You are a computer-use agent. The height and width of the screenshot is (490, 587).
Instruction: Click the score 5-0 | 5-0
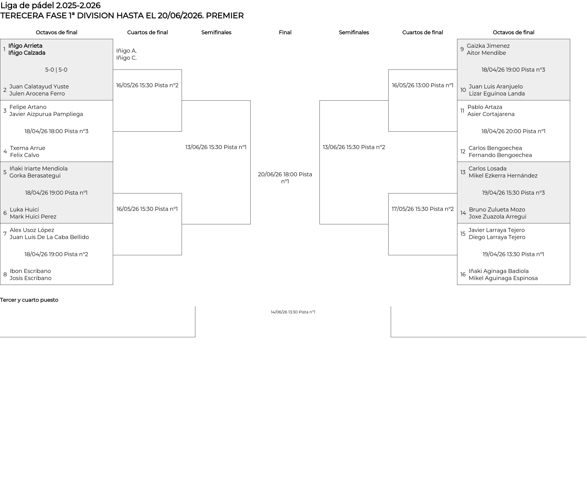tap(56, 70)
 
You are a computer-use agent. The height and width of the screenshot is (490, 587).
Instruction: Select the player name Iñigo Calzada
tap(27, 53)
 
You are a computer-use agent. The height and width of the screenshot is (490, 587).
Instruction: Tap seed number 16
tap(463, 275)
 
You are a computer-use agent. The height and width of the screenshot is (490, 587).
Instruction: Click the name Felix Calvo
tap(24, 155)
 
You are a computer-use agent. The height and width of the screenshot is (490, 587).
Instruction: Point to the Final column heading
tap(285, 32)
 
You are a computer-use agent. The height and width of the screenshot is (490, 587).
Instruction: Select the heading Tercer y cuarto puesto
tap(29, 300)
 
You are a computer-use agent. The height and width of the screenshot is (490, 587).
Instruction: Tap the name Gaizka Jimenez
tap(488, 46)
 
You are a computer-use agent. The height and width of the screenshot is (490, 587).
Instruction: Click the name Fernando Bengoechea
tap(500, 155)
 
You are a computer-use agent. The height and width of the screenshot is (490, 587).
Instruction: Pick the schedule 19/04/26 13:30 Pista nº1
tap(513, 254)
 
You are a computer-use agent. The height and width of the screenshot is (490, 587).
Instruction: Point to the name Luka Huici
tap(24, 210)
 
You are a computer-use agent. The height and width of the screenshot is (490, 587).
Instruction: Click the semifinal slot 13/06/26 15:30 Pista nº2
tap(354, 147)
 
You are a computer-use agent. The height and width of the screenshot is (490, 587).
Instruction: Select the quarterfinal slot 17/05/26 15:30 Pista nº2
tap(423, 209)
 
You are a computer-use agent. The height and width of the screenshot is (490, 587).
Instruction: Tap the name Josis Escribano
tap(31, 278)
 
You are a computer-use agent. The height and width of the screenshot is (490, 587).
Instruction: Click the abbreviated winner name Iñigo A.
tap(126, 51)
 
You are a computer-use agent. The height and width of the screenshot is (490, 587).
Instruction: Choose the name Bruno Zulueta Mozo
tap(497, 210)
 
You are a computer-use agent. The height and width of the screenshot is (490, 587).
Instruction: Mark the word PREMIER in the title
tap(225, 16)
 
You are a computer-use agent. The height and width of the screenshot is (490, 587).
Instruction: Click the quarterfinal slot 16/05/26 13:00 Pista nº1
tap(423, 85)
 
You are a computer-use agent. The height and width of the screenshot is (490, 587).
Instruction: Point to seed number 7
tap(5, 234)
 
